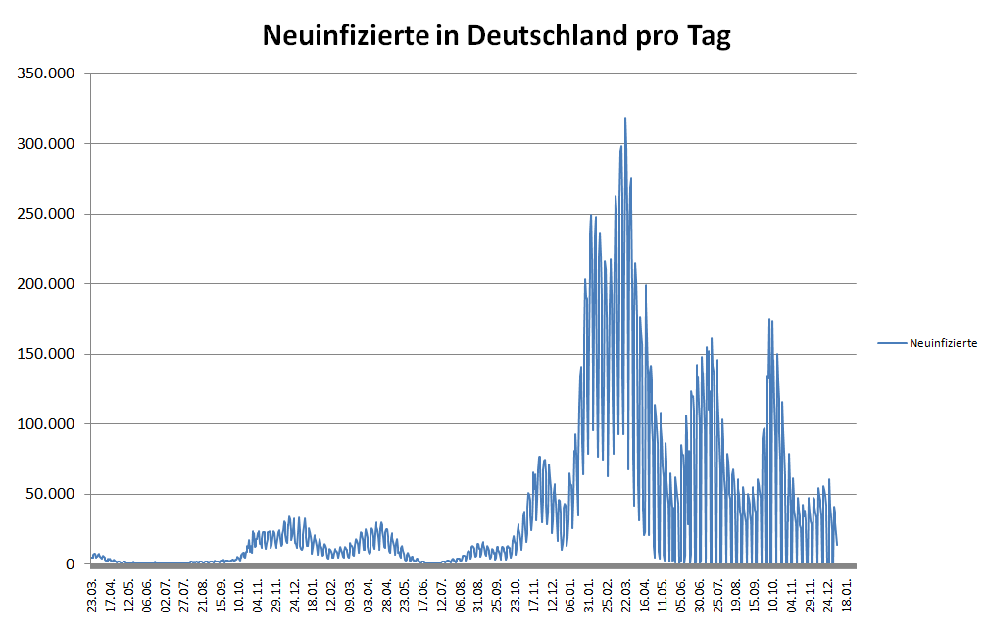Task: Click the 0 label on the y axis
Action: [71, 564]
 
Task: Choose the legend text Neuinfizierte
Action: [943, 343]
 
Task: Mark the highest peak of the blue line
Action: [625, 119]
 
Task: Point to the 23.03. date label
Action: [92, 594]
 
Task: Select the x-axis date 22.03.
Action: [625, 594]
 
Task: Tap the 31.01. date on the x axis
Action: [589, 594]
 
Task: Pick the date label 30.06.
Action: [699, 594]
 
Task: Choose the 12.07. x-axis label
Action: [442, 594]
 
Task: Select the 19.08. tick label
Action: [736, 594]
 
